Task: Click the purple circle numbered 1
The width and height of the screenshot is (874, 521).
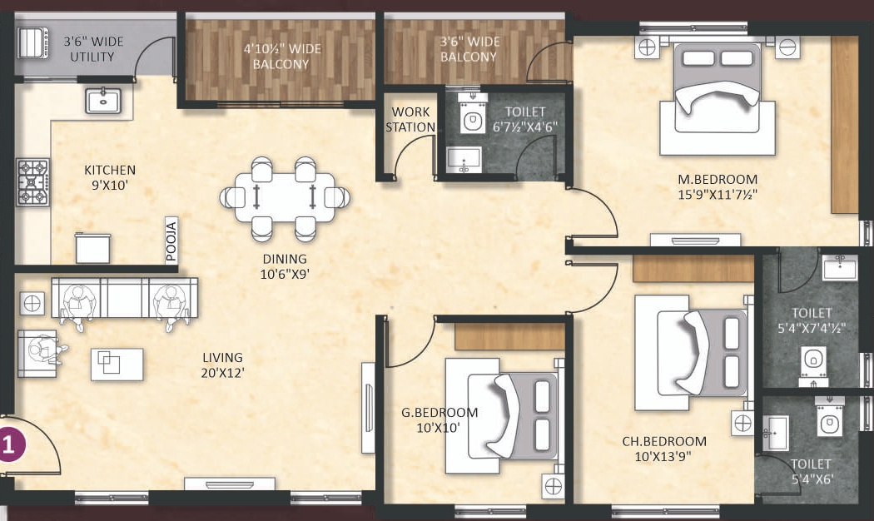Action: (x=10, y=442)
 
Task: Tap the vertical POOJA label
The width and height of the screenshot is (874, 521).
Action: (x=171, y=241)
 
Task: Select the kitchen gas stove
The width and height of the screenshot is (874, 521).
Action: (x=32, y=182)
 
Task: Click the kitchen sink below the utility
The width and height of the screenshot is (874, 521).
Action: (x=105, y=100)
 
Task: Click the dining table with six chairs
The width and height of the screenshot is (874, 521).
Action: (x=284, y=197)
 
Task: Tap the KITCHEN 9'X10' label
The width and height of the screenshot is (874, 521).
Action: (x=109, y=178)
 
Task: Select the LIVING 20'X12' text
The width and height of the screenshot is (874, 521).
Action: (x=222, y=365)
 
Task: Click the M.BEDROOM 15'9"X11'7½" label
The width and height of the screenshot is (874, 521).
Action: (x=717, y=187)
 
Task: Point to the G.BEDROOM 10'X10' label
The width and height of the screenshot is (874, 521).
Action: (x=439, y=419)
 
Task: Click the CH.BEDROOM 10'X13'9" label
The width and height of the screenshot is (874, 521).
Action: (x=664, y=449)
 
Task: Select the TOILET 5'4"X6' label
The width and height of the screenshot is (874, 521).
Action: (x=812, y=471)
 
